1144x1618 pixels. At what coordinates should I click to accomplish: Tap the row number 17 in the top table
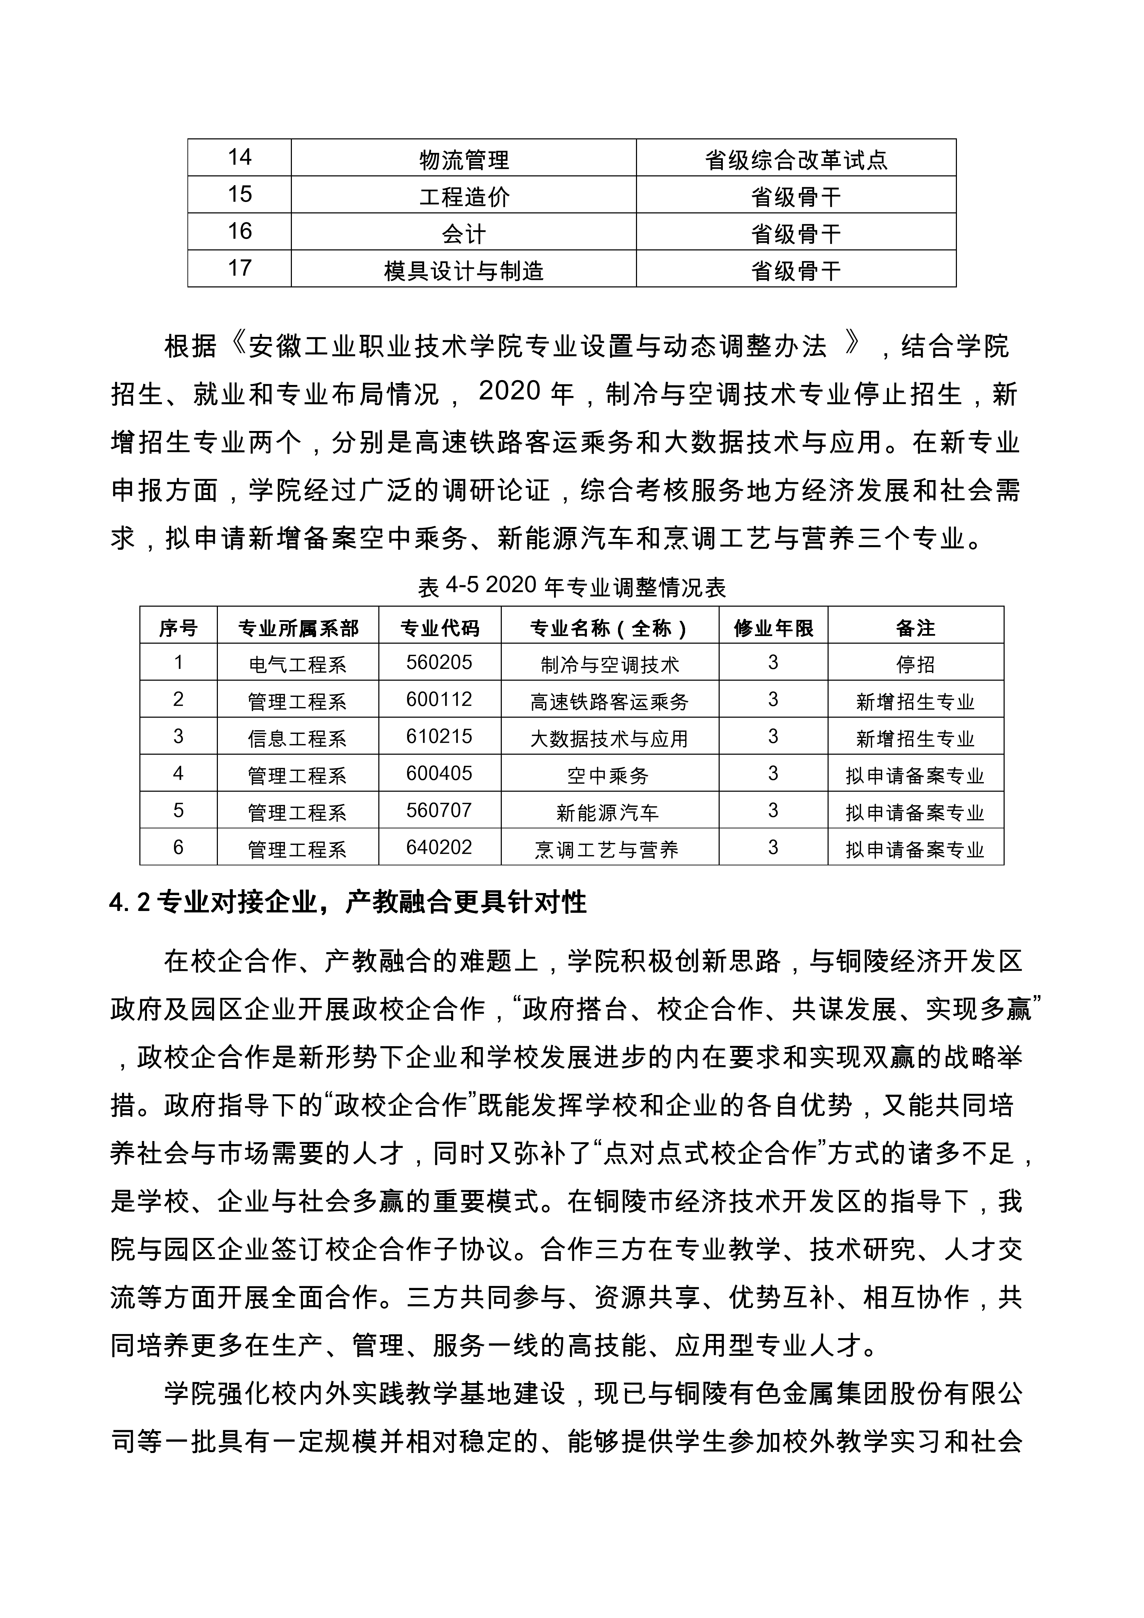coord(240,268)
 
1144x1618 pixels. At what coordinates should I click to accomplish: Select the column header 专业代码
coord(440,627)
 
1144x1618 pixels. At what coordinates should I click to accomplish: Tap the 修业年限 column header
coord(773,627)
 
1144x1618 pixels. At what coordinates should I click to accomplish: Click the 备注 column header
coord(915,627)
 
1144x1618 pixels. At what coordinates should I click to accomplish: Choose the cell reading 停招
coord(915,664)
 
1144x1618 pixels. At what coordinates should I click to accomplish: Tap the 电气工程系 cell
coord(297,664)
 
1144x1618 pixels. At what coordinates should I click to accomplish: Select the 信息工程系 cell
coord(297,738)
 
